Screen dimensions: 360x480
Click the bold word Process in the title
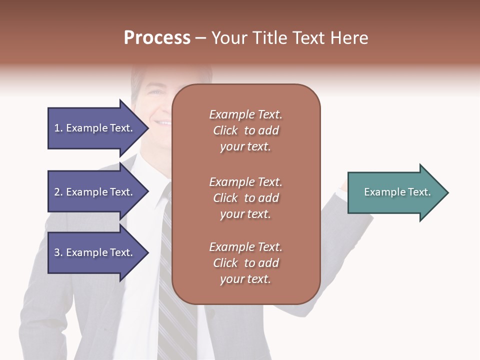[x=157, y=37]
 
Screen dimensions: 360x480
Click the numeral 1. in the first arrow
[x=58, y=128]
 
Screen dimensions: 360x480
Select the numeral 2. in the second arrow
[x=58, y=192]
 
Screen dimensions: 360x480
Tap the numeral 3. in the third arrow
[x=58, y=252]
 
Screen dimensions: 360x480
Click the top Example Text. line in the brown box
[x=245, y=114]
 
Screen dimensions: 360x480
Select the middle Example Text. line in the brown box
[x=245, y=182]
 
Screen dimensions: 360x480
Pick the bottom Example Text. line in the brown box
[x=245, y=247]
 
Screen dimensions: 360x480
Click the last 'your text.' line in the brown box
[x=245, y=279]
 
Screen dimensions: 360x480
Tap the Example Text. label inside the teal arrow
[x=397, y=192]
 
